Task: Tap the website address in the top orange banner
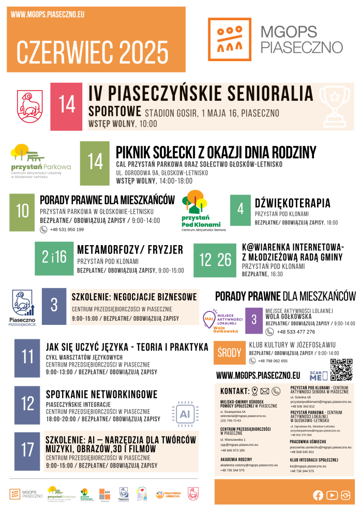click(47, 15)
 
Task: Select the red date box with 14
click(67, 106)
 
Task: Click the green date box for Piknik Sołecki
click(95, 163)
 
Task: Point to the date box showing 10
click(23, 212)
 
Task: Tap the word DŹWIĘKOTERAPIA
click(292, 203)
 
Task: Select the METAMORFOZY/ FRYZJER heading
click(130, 250)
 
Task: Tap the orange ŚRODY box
click(229, 353)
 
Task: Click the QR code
click(341, 369)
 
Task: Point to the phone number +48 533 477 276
click(296, 332)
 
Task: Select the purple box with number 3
click(254, 320)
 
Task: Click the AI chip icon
click(185, 413)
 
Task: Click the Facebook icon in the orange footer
click(318, 496)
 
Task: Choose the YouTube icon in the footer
click(332, 496)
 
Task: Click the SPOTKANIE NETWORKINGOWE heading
click(101, 395)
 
